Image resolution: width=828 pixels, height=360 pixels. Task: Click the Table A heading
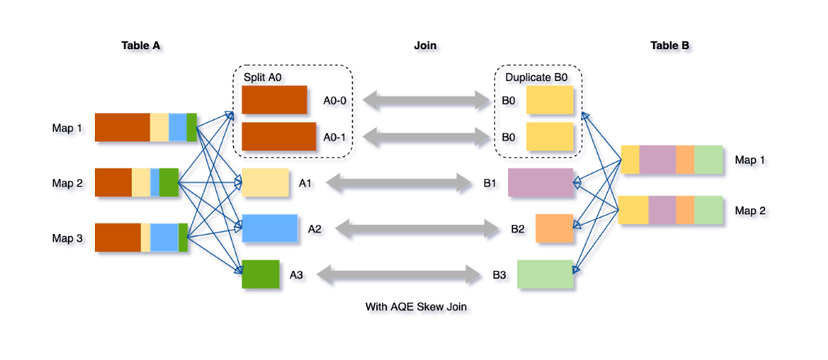coord(141,46)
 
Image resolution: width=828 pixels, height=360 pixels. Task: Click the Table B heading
coord(669,46)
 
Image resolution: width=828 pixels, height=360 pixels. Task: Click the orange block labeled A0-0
coord(274,100)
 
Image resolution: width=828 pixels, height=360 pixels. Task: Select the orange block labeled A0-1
coord(279,137)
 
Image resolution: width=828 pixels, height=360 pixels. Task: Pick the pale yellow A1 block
coord(266,182)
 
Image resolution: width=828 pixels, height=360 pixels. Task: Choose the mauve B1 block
coord(540,182)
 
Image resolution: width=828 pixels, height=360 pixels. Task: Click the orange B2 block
coord(555,228)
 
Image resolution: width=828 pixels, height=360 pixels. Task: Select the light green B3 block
coord(544,274)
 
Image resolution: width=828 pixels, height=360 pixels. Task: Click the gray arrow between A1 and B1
coord(399,182)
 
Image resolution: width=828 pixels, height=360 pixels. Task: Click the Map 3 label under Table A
coord(69,238)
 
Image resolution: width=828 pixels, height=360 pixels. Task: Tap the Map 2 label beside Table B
coord(750,210)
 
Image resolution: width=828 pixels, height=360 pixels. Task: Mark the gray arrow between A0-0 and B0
coord(425,101)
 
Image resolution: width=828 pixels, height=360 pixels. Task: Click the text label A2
coord(315,229)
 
